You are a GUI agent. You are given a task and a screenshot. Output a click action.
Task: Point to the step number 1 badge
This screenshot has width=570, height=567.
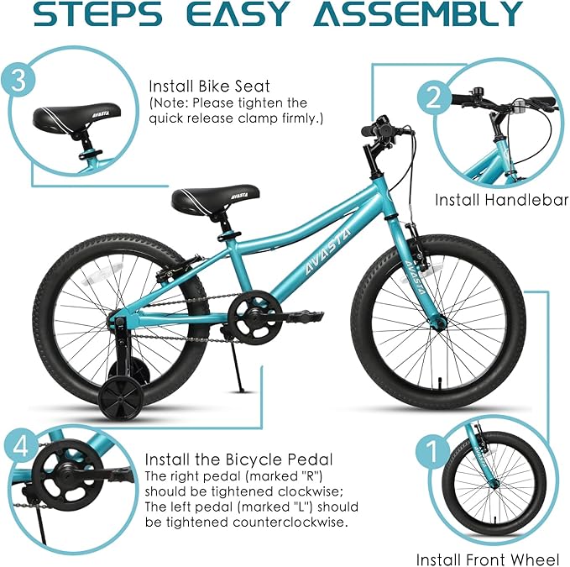(433, 454)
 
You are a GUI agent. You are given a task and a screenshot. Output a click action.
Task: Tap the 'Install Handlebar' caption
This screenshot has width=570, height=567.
(501, 200)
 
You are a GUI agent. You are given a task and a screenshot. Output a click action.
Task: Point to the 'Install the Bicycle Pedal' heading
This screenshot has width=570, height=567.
(238, 459)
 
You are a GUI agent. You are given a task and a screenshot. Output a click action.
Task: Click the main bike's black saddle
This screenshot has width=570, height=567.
(198, 198)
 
